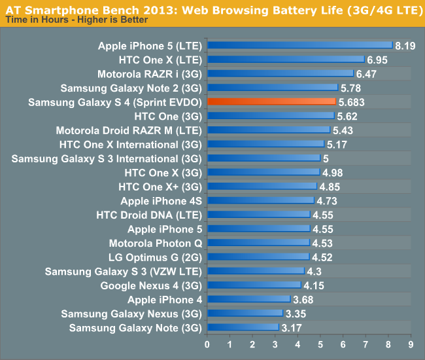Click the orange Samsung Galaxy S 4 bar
click(271, 102)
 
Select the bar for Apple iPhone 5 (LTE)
click(299, 46)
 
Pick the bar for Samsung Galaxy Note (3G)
click(243, 327)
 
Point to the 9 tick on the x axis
click(411, 344)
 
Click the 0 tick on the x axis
click(207, 344)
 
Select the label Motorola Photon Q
click(157, 243)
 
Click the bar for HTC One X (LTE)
click(286, 60)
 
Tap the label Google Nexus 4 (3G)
click(151, 285)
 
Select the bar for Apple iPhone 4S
click(260, 200)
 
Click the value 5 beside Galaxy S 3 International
click(326, 158)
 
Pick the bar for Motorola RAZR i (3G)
click(280, 74)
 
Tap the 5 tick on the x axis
click(320, 344)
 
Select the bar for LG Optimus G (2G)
click(258, 257)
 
